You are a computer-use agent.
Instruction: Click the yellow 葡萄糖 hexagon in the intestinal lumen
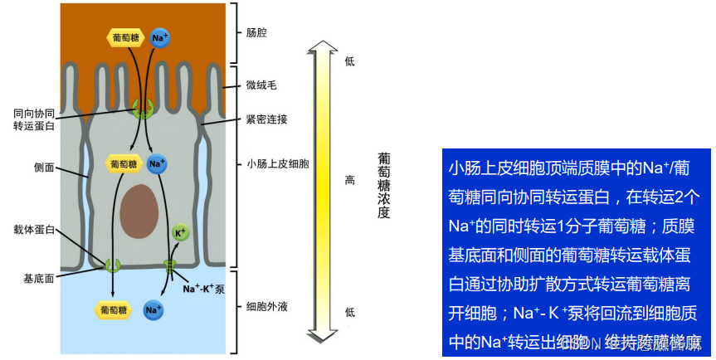124,37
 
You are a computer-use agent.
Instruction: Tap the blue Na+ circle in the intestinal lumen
160,38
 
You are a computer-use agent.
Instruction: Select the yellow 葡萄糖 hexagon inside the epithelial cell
124,164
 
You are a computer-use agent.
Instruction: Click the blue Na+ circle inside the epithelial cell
158,164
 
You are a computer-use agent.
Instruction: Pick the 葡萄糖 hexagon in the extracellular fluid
114,310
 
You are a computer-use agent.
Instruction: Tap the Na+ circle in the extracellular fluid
153,310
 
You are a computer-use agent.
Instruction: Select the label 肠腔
257,33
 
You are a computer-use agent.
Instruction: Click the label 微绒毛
262,85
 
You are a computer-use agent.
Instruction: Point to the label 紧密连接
267,119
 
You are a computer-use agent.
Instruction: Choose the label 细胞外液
267,307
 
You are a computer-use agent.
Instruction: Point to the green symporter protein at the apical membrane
144,108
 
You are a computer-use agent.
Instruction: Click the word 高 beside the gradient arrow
349,180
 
